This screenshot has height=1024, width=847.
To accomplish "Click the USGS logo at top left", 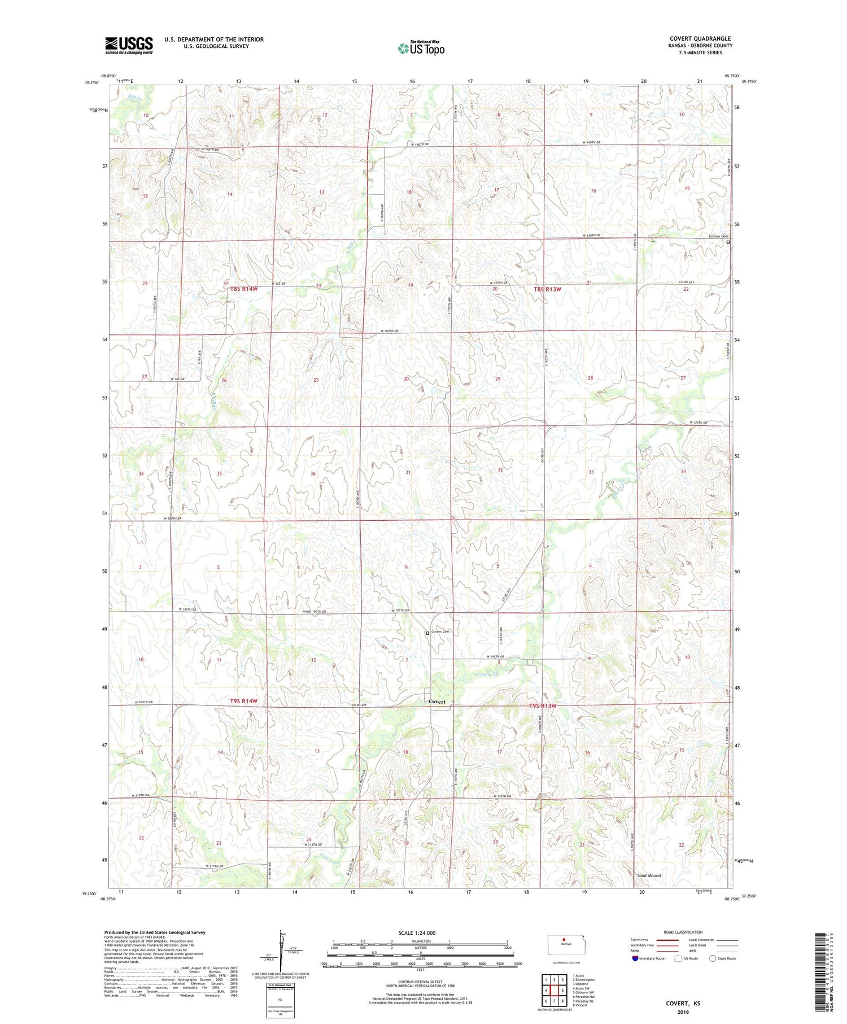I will click(129, 45).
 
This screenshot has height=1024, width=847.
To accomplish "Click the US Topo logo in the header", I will click(421, 49).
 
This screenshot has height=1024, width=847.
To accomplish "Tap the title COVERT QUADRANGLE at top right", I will click(698, 38).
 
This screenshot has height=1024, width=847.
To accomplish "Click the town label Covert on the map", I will click(436, 701).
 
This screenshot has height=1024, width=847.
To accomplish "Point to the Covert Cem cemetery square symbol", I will click(427, 633).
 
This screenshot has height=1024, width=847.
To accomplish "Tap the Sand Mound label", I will click(649, 875).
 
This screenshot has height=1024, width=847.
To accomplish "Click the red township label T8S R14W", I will click(243, 289).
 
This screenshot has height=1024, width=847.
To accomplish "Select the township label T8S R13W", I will click(547, 289).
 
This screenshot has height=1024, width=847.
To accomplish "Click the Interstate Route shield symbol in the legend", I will click(635, 958).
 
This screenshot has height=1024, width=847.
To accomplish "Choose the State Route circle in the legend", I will click(713, 958).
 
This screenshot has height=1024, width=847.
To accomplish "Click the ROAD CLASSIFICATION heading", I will click(683, 932).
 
